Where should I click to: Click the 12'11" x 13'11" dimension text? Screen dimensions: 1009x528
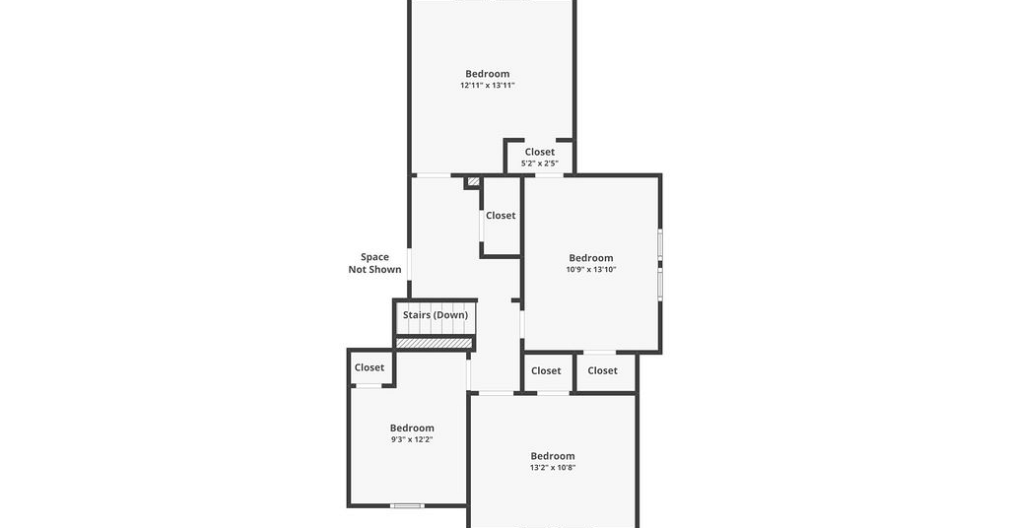pos(487,85)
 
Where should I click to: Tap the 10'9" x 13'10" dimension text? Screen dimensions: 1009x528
pos(591,270)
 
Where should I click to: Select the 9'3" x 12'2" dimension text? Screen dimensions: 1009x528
pos(412,440)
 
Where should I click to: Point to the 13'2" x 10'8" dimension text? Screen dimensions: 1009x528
pos(552,468)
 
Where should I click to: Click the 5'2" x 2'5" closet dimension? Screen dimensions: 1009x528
pos(539,164)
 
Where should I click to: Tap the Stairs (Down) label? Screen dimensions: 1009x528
pos(436,315)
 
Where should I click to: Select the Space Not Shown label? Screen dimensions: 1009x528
pos(374,263)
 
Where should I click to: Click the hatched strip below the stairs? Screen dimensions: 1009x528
pos(434,344)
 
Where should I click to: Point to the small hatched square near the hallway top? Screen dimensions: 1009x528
pos(474,182)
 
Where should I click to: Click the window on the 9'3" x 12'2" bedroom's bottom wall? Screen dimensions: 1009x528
pos(407,505)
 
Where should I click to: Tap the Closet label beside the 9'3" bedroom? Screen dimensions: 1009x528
pos(370,367)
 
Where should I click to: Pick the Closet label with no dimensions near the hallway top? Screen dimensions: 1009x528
pos(501,216)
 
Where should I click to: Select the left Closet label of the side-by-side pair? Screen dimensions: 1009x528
pos(546,370)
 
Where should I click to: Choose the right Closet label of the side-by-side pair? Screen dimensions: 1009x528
pos(602,370)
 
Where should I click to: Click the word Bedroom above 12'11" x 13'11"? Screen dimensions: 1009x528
pos(487,74)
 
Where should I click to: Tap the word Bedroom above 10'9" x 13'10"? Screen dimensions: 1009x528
pos(591,258)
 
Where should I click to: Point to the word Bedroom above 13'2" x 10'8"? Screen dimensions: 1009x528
pos(552,456)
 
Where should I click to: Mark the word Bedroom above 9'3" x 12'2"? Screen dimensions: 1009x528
pos(412,429)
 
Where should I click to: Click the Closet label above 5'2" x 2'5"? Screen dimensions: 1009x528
pos(539,152)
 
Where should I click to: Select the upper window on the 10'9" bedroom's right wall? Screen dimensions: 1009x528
pos(659,244)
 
